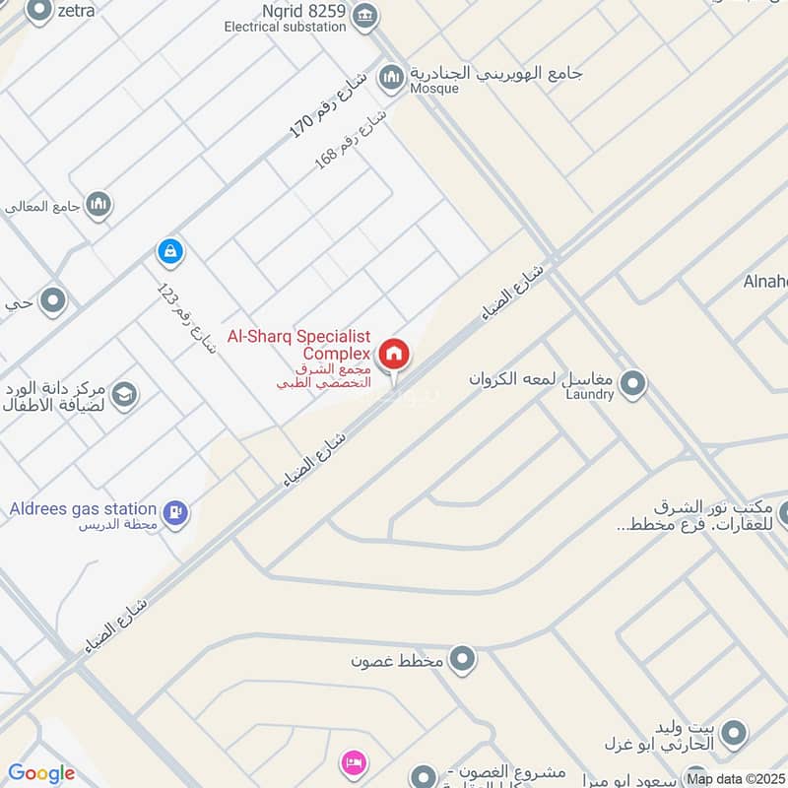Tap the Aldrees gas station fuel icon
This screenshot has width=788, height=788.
click(176, 511)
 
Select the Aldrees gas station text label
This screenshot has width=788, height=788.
click(83, 508)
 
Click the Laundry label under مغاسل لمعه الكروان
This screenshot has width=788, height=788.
click(590, 394)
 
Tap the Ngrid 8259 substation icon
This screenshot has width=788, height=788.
click(365, 14)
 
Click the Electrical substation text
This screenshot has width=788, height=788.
click(286, 27)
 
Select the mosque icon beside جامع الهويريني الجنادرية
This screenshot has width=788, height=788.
click(392, 77)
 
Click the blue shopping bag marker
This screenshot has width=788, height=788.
click(170, 252)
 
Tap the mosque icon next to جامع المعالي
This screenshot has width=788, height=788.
click(98, 204)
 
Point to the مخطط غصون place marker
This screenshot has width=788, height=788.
click(461, 658)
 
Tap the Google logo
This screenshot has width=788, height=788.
click(41, 773)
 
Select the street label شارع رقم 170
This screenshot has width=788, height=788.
click(328, 102)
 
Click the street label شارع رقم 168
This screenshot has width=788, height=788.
click(350, 140)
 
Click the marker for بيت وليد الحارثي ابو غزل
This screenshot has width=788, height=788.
click(733, 733)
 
